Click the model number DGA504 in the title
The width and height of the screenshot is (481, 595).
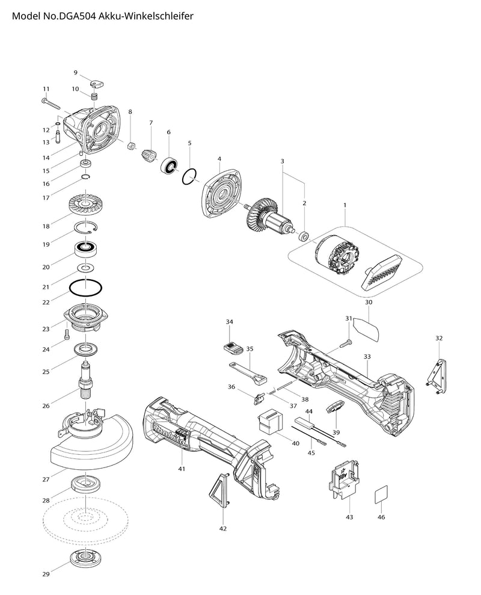click(81, 17)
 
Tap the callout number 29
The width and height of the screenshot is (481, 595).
click(46, 575)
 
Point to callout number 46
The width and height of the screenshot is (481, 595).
click(381, 517)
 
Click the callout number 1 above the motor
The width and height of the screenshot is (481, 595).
click(345, 205)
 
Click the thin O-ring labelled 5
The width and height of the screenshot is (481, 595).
click(190, 176)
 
